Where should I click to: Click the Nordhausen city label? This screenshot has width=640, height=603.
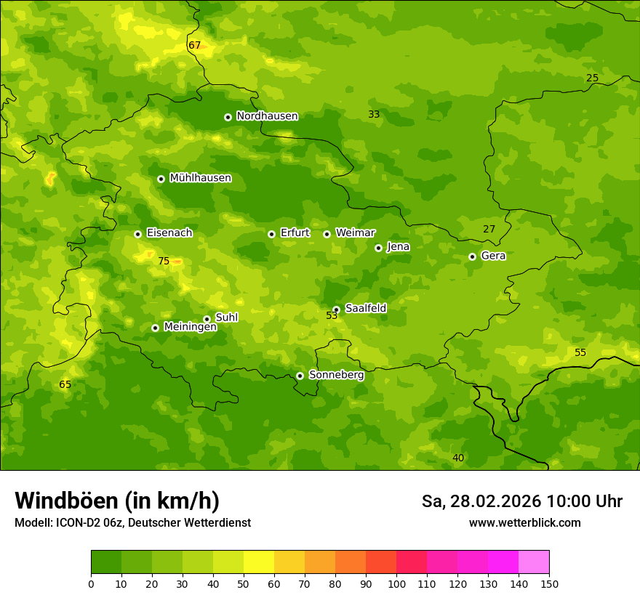pos(267,116)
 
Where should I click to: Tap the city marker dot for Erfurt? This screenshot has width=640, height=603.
pos(271,234)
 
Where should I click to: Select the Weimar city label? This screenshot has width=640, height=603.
pos(355,232)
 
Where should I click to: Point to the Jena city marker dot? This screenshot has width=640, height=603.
pos(378,248)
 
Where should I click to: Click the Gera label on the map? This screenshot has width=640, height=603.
pos(493,256)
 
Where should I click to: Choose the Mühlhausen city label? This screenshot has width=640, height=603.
pos(200,178)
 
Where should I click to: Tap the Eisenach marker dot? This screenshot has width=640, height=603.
pos(137,234)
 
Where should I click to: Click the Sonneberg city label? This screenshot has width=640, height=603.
pos(336,375)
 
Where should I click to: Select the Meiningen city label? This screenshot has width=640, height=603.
pos(190,327)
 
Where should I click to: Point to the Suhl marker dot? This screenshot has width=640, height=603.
pos(207,319)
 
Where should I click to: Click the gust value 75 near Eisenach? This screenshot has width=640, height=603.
pos(164,261)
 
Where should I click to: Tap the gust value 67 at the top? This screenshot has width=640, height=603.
pos(194,45)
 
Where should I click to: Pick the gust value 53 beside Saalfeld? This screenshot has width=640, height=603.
pos(332,315)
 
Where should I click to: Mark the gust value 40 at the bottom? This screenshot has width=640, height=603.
pos(458,458)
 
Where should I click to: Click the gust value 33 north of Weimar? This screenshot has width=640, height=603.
pos(374,114)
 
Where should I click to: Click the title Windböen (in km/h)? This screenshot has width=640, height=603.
pos(117,501)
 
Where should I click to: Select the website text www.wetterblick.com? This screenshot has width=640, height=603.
pos(524,522)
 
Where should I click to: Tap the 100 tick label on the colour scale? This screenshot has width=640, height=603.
pos(396,583)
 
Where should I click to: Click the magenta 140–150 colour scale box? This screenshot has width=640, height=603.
pos(534,562)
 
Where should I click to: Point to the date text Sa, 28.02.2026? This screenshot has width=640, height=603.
pos(481,501)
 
